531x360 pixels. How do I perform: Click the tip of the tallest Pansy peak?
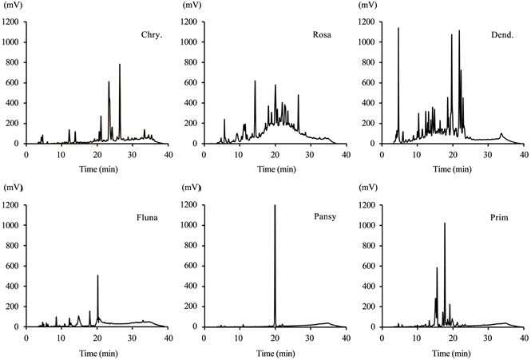[x=275, y=205]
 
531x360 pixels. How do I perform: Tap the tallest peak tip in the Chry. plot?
[x=120, y=64]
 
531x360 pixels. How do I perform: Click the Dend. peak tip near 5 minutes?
[x=398, y=28]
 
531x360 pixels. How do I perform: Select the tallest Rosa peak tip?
[x=255, y=81]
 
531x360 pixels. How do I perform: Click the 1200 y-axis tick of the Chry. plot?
[x=14, y=22]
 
